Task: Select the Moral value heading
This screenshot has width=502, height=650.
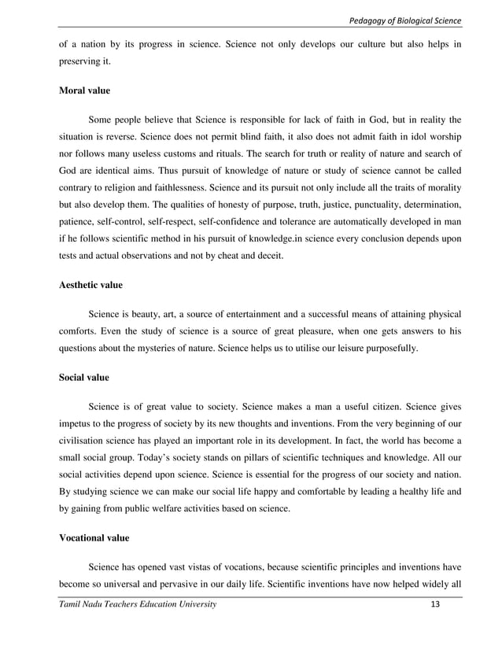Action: point(85,90)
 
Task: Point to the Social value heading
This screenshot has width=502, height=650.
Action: point(84,378)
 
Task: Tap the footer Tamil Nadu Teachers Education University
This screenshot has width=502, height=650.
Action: point(137,604)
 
